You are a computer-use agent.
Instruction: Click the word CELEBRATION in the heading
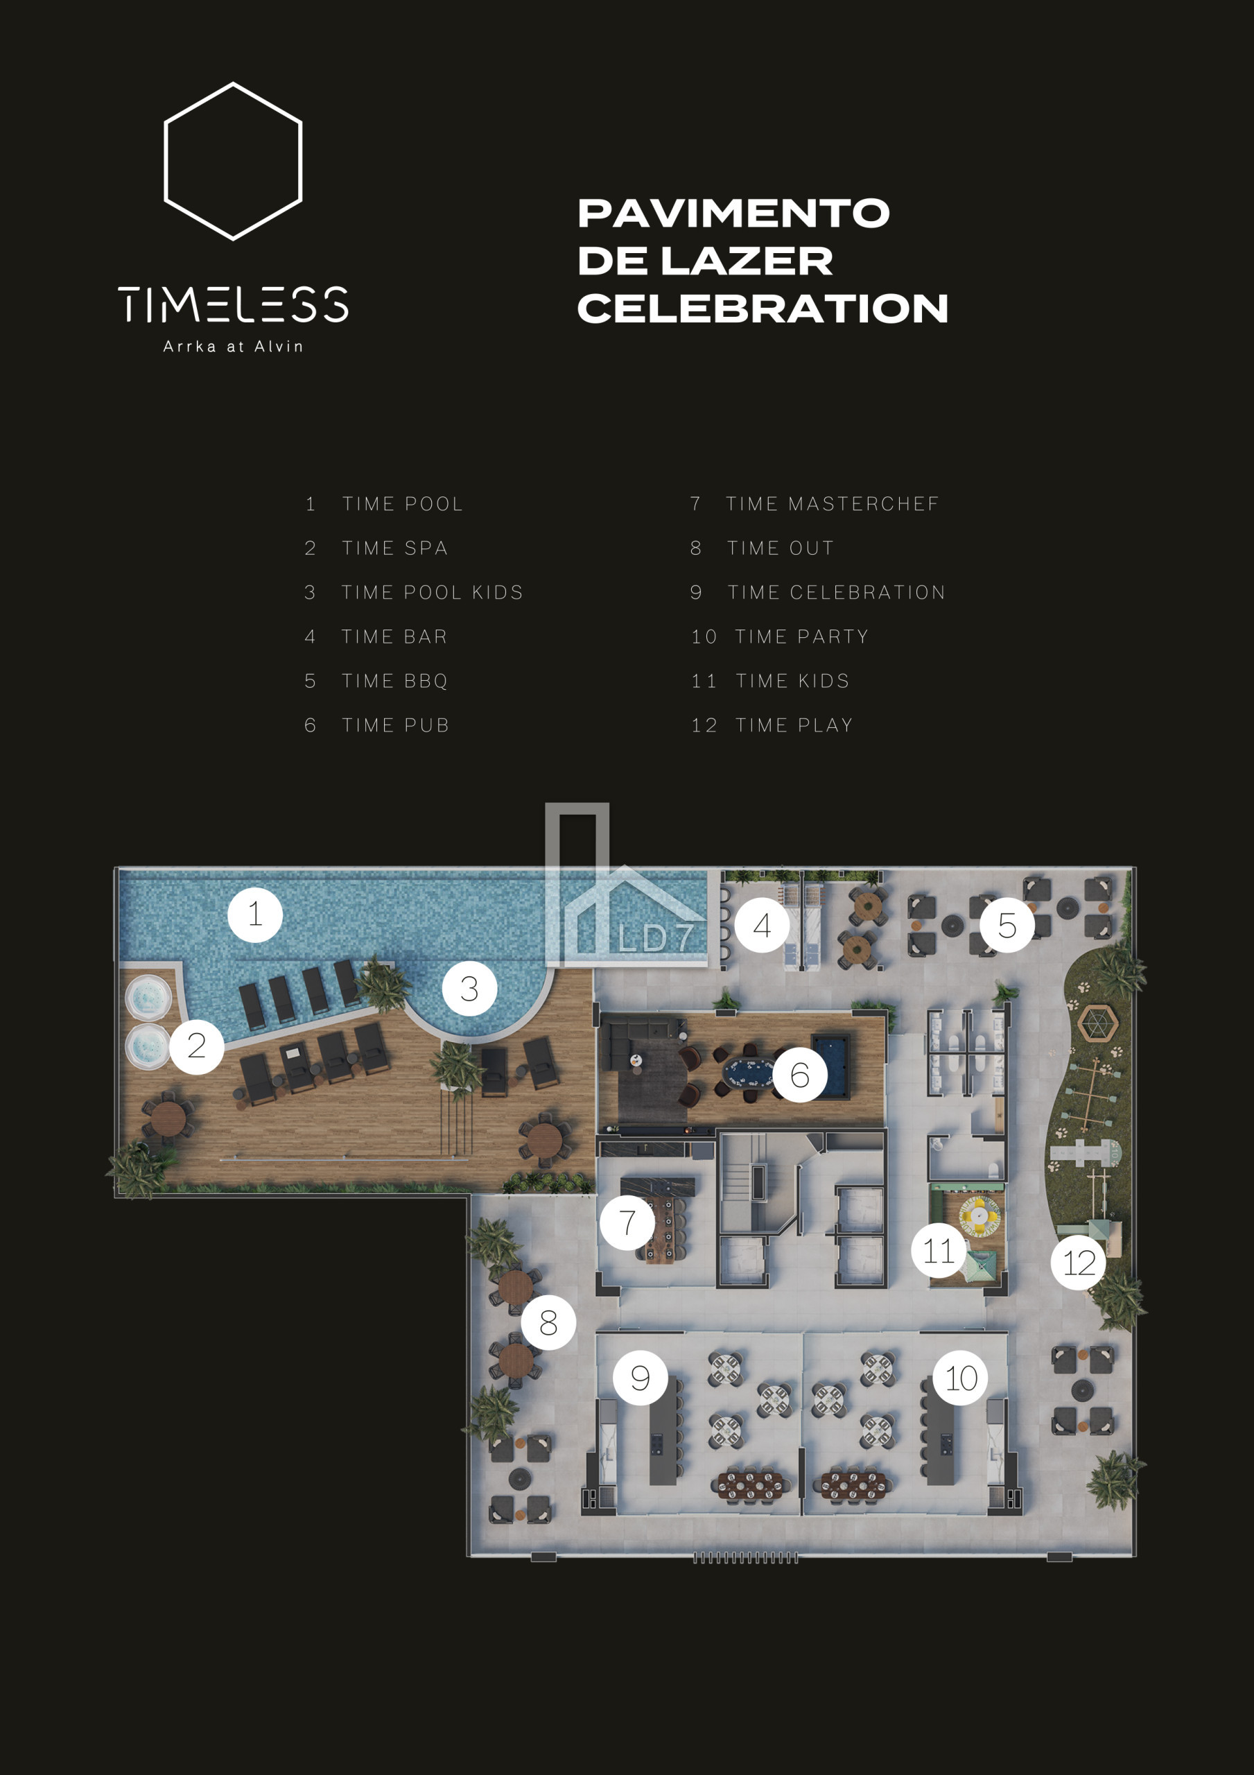click(x=763, y=308)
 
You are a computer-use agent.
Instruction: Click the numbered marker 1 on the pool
click(x=255, y=915)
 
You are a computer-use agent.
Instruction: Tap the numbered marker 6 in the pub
click(x=800, y=1075)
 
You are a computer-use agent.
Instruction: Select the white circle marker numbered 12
click(x=1079, y=1263)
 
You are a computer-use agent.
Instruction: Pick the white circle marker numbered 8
click(x=548, y=1322)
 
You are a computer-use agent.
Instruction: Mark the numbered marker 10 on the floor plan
click(x=961, y=1378)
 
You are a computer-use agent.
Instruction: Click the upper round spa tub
click(x=148, y=997)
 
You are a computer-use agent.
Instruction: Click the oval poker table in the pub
click(x=747, y=1071)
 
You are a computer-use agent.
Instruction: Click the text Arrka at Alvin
click(x=233, y=347)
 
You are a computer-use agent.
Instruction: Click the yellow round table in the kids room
click(x=979, y=1216)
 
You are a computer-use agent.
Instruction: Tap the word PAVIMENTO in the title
click(x=733, y=214)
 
